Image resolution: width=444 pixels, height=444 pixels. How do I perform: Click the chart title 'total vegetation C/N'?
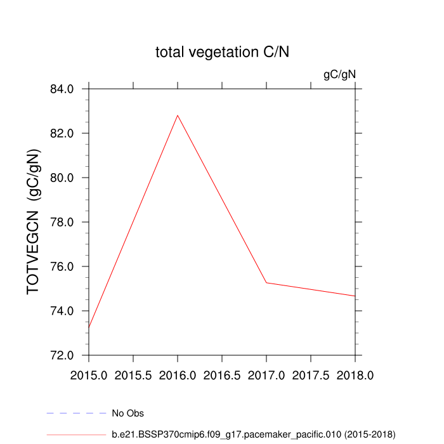pyautogui.click(x=222, y=53)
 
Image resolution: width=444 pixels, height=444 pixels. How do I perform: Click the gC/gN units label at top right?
pyautogui.click(x=339, y=75)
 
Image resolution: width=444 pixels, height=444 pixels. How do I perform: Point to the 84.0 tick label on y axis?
pyautogui.click(x=65, y=89)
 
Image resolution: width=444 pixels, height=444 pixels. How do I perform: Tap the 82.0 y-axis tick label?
pyautogui.click(x=65, y=133)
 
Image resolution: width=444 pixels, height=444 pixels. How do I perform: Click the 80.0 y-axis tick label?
pyautogui.click(x=65, y=178)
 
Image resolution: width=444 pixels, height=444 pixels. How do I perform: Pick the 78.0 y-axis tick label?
pyautogui.click(x=65, y=222)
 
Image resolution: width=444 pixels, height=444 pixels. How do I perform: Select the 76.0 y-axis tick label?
pyautogui.click(x=65, y=266)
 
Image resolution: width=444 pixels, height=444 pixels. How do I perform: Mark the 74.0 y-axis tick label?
pyautogui.click(x=65, y=311)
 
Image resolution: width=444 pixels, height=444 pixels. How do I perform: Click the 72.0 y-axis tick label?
pyautogui.click(x=65, y=355)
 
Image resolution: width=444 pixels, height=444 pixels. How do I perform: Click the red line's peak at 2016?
pyautogui.click(x=178, y=115)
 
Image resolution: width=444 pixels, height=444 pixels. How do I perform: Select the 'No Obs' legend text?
pyautogui.click(x=127, y=414)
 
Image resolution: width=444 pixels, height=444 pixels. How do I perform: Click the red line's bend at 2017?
pyautogui.click(x=266, y=282)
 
